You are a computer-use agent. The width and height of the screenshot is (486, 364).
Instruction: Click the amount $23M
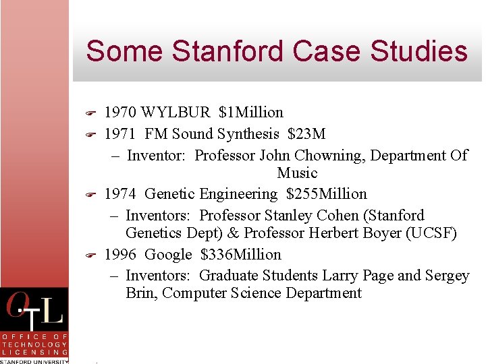click(306, 133)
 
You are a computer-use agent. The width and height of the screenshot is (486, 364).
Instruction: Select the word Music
click(297, 173)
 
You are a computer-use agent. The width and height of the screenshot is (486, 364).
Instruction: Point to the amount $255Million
click(326, 194)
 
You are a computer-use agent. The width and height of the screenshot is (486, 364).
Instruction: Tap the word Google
click(169, 255)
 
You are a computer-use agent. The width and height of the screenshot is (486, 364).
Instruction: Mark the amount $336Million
click(240, 255)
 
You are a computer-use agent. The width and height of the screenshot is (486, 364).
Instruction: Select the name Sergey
click(447, 276)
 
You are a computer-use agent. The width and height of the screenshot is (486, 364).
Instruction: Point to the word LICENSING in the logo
click(35, 352)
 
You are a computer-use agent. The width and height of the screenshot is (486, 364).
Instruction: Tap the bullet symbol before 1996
click(89, 255)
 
